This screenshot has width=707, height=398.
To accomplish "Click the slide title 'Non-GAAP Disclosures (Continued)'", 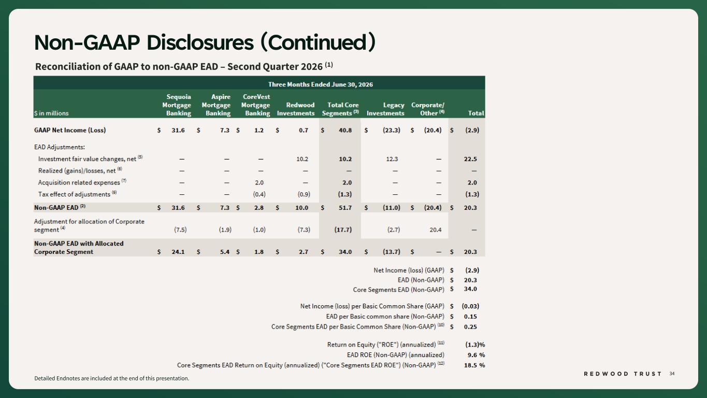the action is pos(205,42).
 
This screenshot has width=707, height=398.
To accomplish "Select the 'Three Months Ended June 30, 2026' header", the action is pos(321,84).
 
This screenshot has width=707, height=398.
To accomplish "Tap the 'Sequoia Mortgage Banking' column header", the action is pos(177,105).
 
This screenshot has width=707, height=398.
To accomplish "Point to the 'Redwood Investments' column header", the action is pos(296,109).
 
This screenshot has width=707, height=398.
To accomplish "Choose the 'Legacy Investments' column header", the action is pos(385,109).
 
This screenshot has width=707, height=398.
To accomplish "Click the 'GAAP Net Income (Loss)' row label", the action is pos(70,130).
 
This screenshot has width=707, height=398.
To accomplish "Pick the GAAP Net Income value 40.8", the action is pos(345,130).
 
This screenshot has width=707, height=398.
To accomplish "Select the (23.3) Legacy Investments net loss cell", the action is pos(392,130).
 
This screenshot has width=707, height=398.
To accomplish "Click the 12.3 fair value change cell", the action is pos(392,159).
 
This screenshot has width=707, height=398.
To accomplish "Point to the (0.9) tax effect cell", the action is pos(304,194).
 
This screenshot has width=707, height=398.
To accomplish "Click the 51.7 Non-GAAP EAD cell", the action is pos(345,207).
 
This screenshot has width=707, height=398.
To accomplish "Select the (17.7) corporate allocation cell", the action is pos(343,230).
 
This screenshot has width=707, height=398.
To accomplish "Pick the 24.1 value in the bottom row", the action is pos(178,252).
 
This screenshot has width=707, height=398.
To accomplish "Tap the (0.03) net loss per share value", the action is pos(470,306).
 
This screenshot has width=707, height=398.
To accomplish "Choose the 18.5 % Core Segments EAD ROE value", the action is pos(474,365).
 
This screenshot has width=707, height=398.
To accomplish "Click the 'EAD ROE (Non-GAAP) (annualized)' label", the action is pos(396,355).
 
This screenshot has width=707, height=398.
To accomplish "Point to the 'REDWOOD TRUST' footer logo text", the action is pos(623,374).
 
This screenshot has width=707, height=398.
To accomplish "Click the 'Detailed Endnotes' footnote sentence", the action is pos(112,378).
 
